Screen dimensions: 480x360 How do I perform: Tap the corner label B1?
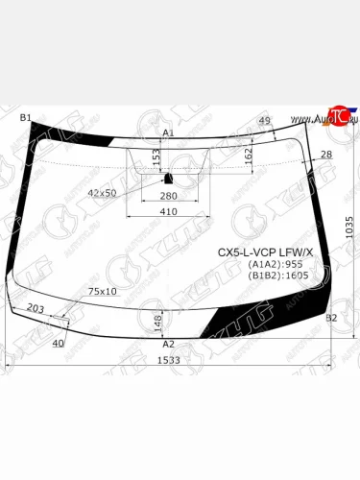pos(26,117)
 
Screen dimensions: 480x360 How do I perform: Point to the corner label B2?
pos(331,317)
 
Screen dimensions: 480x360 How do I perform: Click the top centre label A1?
pos(168,133)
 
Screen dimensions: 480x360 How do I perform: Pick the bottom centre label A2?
pos(168,344)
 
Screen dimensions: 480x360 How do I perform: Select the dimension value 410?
pos(169,211)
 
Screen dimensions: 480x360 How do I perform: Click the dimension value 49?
pos(265,119)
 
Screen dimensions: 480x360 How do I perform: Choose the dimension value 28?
pos(326,154)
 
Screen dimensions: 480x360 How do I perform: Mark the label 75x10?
pos(103,291)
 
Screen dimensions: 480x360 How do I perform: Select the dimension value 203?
pos(36,308)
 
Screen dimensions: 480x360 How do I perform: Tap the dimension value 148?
pos(156,322)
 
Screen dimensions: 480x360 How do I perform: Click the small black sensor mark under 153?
pos(168,178)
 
